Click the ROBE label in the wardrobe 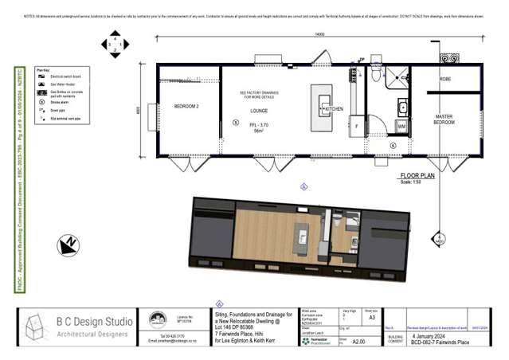click(444, 80)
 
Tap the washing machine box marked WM click(401, 126)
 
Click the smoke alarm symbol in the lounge click(234, 123)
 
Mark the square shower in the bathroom click(396, 76)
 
